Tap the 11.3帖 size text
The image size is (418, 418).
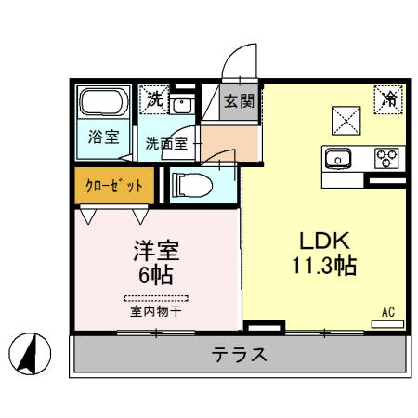click(x=319, y=264)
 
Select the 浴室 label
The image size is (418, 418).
click(x=103, y=137)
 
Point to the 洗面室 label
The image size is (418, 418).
click(x=166, y=143)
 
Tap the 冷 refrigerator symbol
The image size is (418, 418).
click(x=386, y=96)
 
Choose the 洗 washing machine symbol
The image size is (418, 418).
click(x=153, y=98)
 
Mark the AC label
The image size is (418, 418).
click(x=387, y=313)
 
